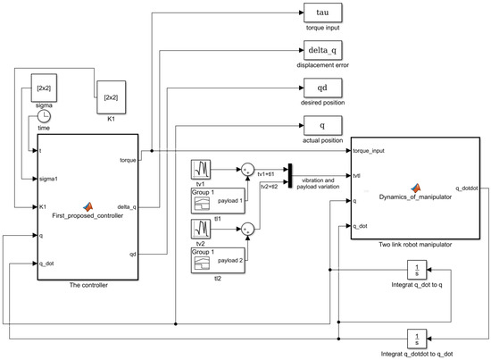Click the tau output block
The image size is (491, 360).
click(x=322, y=13)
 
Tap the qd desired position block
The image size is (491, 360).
click(x=322, y=88)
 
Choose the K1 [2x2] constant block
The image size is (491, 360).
click(x=110, y=96)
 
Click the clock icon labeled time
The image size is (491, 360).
click(x=44, y=115)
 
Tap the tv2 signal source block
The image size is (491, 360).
click(x=201, y=228)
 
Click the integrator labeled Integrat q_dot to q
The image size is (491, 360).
click(x=418, y=269)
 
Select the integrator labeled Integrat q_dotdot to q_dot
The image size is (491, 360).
click(x=418, y=339)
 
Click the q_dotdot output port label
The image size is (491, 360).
click(x=468, y=188)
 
